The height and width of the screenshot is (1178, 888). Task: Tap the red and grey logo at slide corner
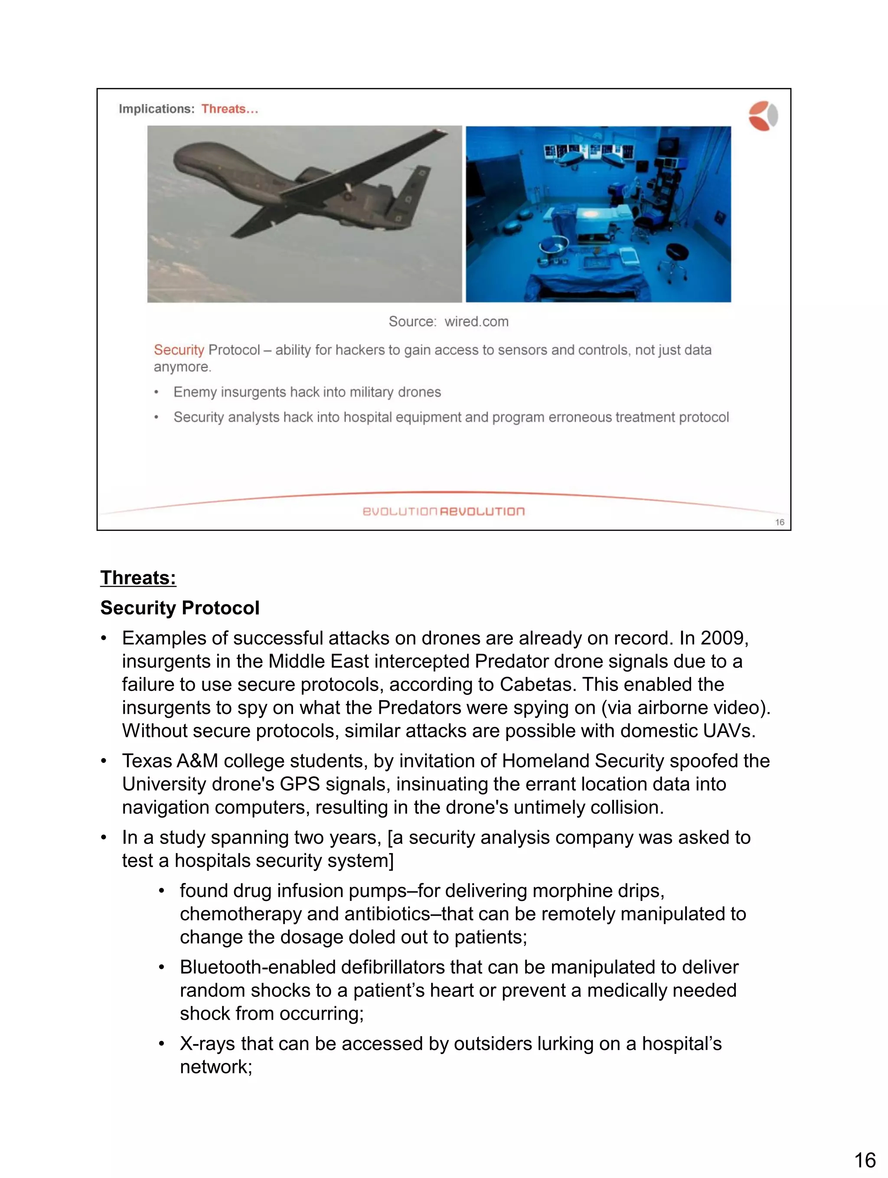point(762,115)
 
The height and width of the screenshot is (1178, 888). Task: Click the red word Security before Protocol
point(179,350)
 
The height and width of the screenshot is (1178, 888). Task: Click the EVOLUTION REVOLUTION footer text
point(444,511)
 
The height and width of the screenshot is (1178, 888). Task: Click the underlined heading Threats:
point(138,578)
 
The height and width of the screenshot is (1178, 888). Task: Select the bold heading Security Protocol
point(180,608)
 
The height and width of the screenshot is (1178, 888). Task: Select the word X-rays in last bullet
point(207,1044)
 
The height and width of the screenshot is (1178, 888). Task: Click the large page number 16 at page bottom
point(865,1160)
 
